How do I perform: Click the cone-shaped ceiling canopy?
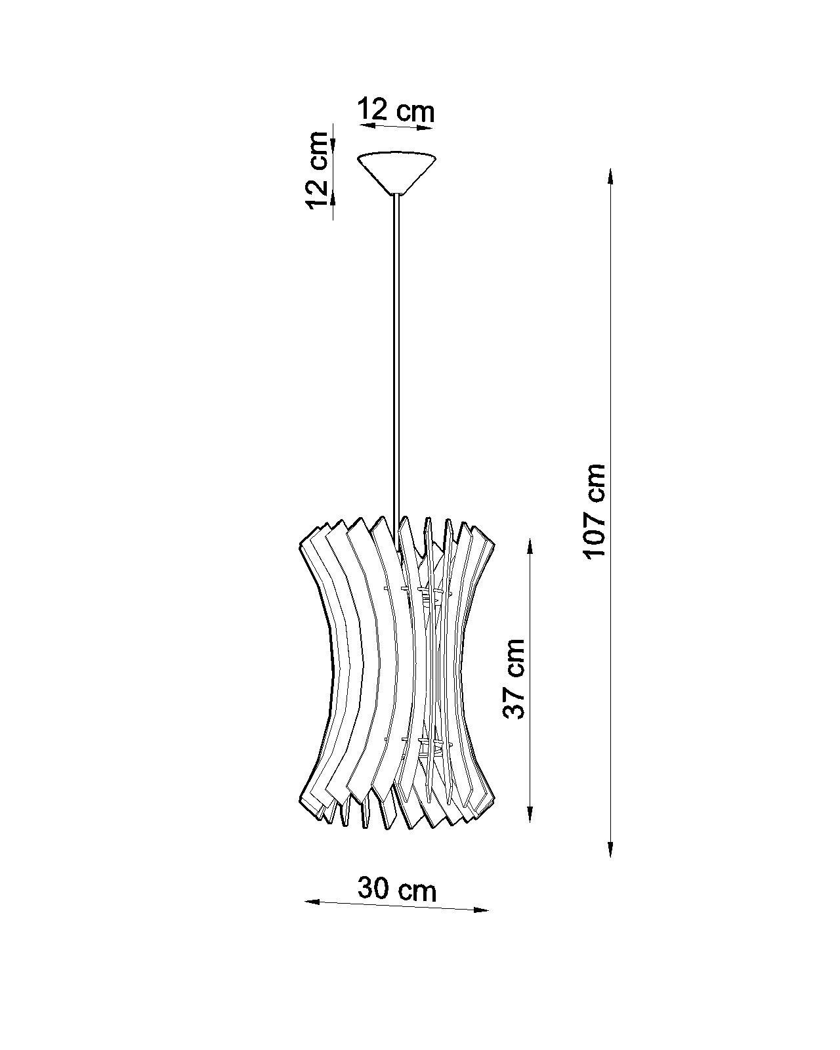pos(396,173)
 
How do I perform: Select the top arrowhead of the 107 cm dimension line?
pos(610,177)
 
